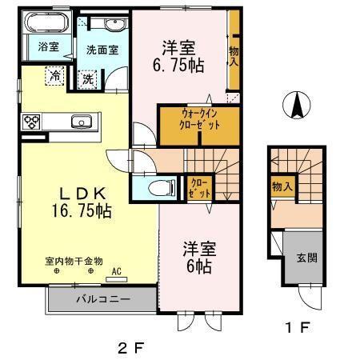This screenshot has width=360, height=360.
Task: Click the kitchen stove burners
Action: [x=31, y=122]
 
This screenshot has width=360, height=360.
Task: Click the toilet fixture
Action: [x=162, y=188]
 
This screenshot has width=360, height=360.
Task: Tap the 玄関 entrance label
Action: [x=307, y=258]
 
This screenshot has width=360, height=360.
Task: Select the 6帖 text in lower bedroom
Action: [x=198, y=266]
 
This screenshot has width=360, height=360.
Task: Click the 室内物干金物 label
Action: [x=73, y=261]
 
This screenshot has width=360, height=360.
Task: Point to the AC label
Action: [x=117, y=271]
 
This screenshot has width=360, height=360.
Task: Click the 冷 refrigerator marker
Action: [x=55, y=76]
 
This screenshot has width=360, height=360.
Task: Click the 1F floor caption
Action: [x=295, y=327]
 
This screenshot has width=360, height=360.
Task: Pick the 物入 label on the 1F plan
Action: [x=282, y=187]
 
